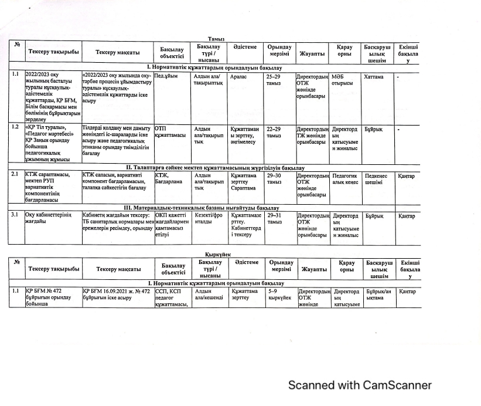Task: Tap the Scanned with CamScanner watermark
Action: point(359,385)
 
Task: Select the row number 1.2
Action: point(16,127)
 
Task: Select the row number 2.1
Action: point(16,174)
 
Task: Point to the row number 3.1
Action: point(16,215)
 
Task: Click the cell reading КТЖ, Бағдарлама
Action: point(169,178)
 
